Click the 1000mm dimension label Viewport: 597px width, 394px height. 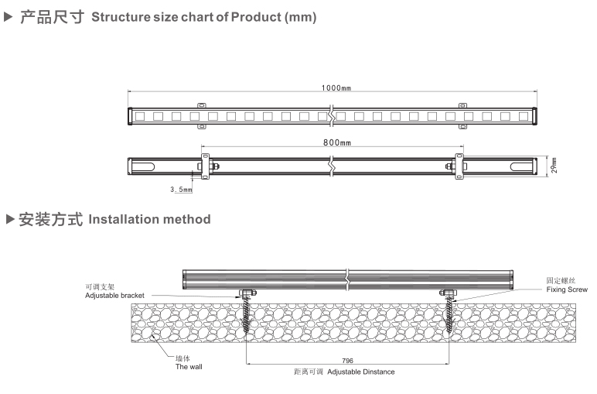[336, 88]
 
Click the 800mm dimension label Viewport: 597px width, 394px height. [337, 143]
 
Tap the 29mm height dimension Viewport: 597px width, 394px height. [554, 165]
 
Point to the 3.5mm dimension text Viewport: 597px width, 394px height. [181, 189]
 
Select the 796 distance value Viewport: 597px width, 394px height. [348, 361]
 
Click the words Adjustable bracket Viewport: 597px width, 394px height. [114, 296]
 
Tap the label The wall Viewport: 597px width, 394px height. [189, 366]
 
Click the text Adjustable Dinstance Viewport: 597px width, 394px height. [361, 372]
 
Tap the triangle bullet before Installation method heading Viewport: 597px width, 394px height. [10, 219]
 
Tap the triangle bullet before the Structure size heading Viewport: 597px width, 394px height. [10, 16]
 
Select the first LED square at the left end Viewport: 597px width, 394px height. [140, 116]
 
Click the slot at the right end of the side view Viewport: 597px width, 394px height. [520, 166]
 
